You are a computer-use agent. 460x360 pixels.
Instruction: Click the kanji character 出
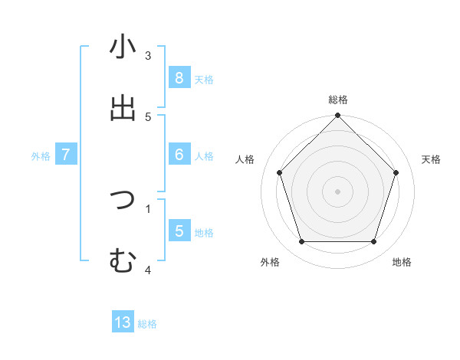(x=123, y=107)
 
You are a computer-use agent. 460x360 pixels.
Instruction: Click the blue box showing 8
(x=179, y=77)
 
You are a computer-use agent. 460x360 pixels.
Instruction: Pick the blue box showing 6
(x=179, y=155)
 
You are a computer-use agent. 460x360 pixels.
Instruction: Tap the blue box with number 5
(x=179, y=231)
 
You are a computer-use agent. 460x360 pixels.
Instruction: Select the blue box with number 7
(x=66, y=155)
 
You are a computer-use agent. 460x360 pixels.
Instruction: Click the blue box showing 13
(x=123, y=322)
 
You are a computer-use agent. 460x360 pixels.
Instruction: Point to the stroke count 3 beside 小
(x=148, y=56)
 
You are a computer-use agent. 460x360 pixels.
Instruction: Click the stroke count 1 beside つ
(x=148, y=208)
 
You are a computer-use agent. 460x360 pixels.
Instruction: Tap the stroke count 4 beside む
(x=148, y=269)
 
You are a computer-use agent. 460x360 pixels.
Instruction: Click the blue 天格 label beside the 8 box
(x=204, y=79)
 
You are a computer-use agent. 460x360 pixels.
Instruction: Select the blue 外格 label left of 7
(x=41, y=156)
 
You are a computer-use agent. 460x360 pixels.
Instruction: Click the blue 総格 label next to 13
(x=147, y=324)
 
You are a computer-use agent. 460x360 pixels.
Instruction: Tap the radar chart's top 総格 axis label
(x=338, y=100)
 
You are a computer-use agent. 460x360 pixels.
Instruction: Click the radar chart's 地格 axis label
(x=402, y=262)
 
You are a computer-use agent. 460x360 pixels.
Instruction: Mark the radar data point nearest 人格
(x=280, y=172)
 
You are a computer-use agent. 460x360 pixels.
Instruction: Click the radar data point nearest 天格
(x=396, y=172)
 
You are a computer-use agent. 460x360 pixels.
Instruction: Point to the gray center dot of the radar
(x=338, y=191)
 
